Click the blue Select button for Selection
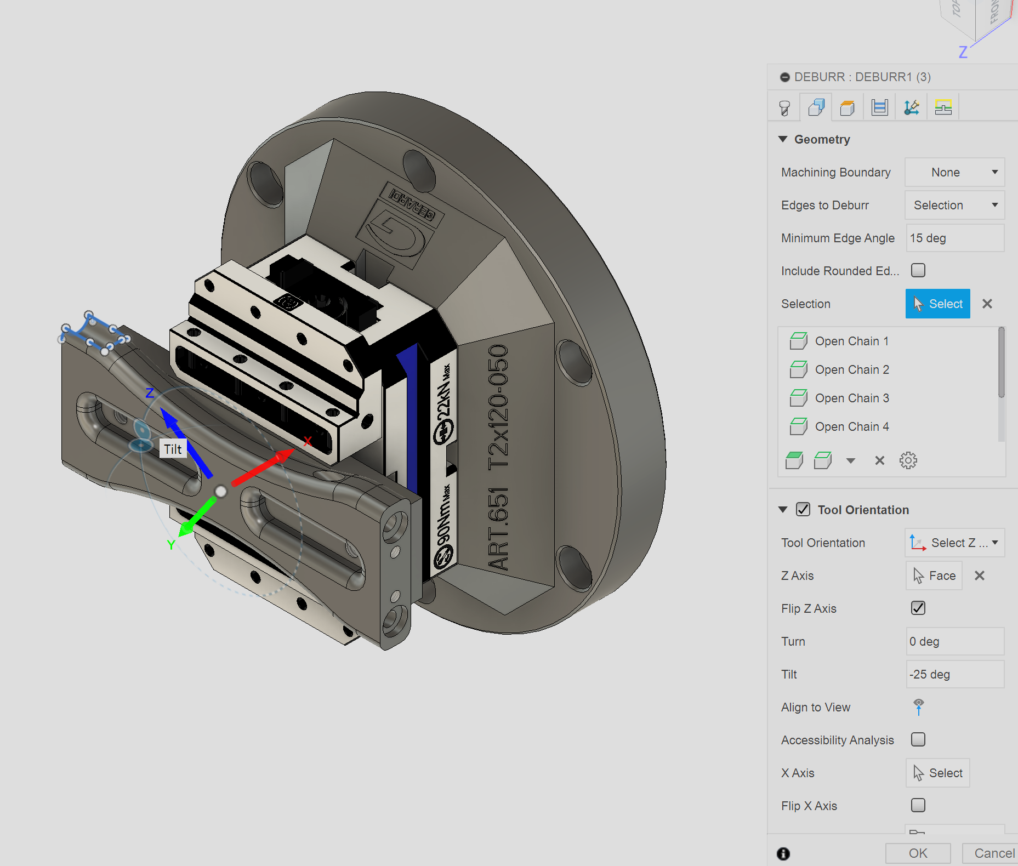tap(937, 304)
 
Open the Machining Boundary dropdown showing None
tap(954, 172)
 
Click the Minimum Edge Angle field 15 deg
tap(954, 238)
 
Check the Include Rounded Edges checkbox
tap(918, 270)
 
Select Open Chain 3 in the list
tap(851, 398)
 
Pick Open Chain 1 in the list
tap(851, 341)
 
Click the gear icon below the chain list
tap(908, 460)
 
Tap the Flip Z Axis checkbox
tap(918, 608)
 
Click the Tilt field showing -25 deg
tap(954, 674)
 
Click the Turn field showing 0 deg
tap(954, 641)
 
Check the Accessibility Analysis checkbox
tap(918, 739)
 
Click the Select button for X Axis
tap(937, 773)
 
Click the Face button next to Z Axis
tap(934, 576)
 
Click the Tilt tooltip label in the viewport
tap(173, 449)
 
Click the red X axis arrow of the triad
tap(263, 468)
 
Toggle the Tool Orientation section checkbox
tap(803, 509)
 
